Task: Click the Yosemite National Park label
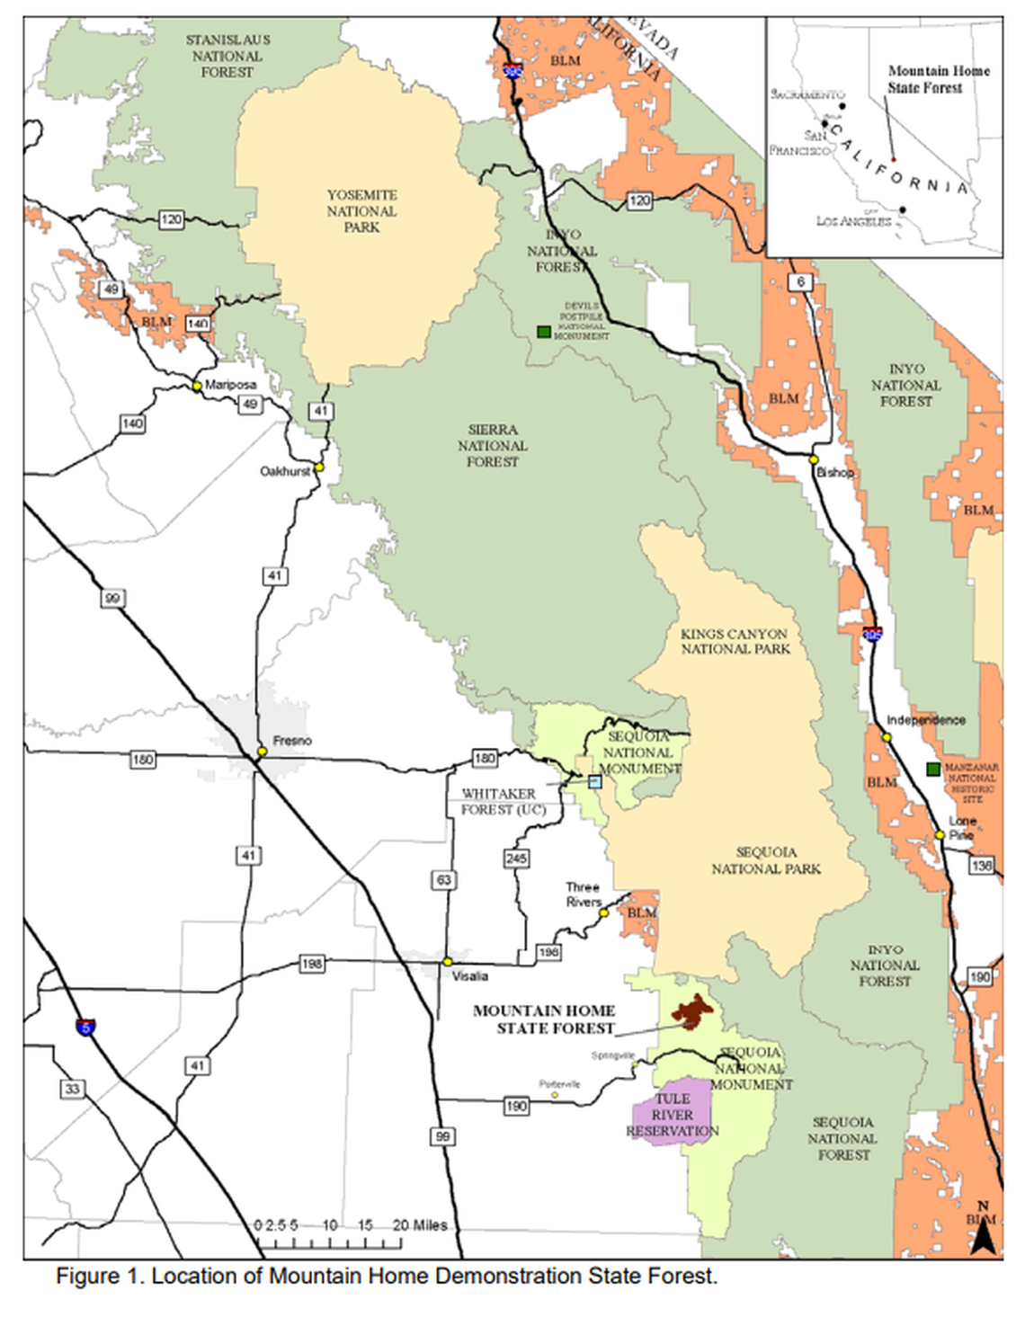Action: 361,211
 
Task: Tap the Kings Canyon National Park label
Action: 735,641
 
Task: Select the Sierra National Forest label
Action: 492,446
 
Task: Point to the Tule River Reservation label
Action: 673,1115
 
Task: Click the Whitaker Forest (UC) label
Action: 502,802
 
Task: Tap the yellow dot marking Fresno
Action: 263,751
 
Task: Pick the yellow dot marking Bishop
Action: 814,459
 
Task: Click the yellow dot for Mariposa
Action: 196,386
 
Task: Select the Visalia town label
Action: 470,976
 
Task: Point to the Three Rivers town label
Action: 583,894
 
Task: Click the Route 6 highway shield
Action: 800,282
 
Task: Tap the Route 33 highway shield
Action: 72,1089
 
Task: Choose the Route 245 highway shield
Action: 516,859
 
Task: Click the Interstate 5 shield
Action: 85,1027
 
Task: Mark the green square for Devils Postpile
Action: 544,332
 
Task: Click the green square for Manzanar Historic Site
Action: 933,769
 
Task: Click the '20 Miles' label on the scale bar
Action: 420,1225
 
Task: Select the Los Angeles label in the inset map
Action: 853,221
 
